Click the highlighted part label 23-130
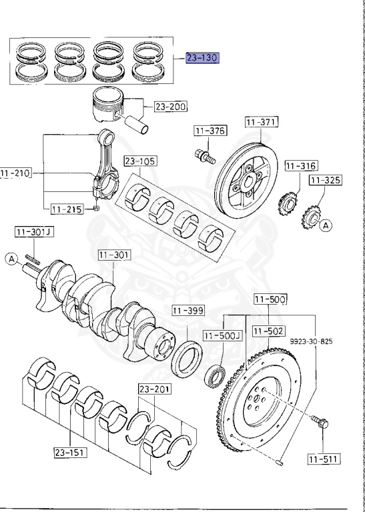pos(203,58)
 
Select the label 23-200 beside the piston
pos(171,106)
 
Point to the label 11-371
pos(262,123)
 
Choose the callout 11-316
pos(301,165)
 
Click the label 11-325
pos(325,180)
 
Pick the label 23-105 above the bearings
pos(139,161)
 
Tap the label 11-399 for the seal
pos(188,311)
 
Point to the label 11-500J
pos(222,335)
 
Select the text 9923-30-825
pos(310,341)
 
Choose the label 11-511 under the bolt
pos(324,458)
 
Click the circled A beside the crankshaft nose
pos(11,258)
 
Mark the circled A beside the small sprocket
pos(325,226)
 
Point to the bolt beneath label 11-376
pos(203,157)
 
